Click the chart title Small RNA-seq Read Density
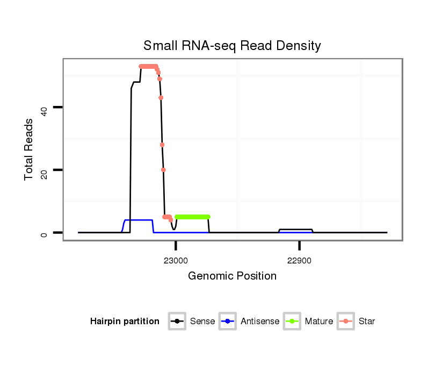pyautogui.click(x=232, y=46)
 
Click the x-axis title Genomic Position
pyautogui.click(x=232, y=276)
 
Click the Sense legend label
pyautogui.click(x=202, y=322)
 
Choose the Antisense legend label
pyautogui.click(x=260, y=322)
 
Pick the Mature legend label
pyautogui.click(x=318, y=322)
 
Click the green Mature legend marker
pyautogui.click(x=293, y=322)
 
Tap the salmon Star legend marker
pyautogui.click(x=347, y=322)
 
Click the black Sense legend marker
pyautogui.click(x=177, y=322)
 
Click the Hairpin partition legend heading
pyautogui.click(x=125, y=322)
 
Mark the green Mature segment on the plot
pyautogui.click(x=192, y=217)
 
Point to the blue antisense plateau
pyautogui.click(x=139, y=220)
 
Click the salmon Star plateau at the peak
pyautogui.click(x=148, y=67)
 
